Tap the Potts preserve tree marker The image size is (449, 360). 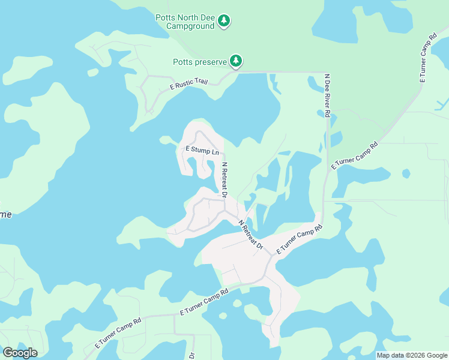pos(237,61)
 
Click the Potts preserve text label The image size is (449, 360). pos(200,62)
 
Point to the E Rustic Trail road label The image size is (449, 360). pos(188,83)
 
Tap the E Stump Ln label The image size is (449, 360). pos(202,150)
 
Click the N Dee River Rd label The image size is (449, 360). pos(327,95)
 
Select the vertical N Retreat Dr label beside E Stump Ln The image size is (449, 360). pos(224,180)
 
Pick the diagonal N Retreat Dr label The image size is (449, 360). pos(250,235)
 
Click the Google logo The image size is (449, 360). pos(20,353)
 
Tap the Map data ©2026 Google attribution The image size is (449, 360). pos(412,355)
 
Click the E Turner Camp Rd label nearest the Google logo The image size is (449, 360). pos(118,334)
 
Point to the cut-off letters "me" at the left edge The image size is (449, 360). pos(5,215)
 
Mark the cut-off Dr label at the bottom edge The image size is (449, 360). pos(192,355)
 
